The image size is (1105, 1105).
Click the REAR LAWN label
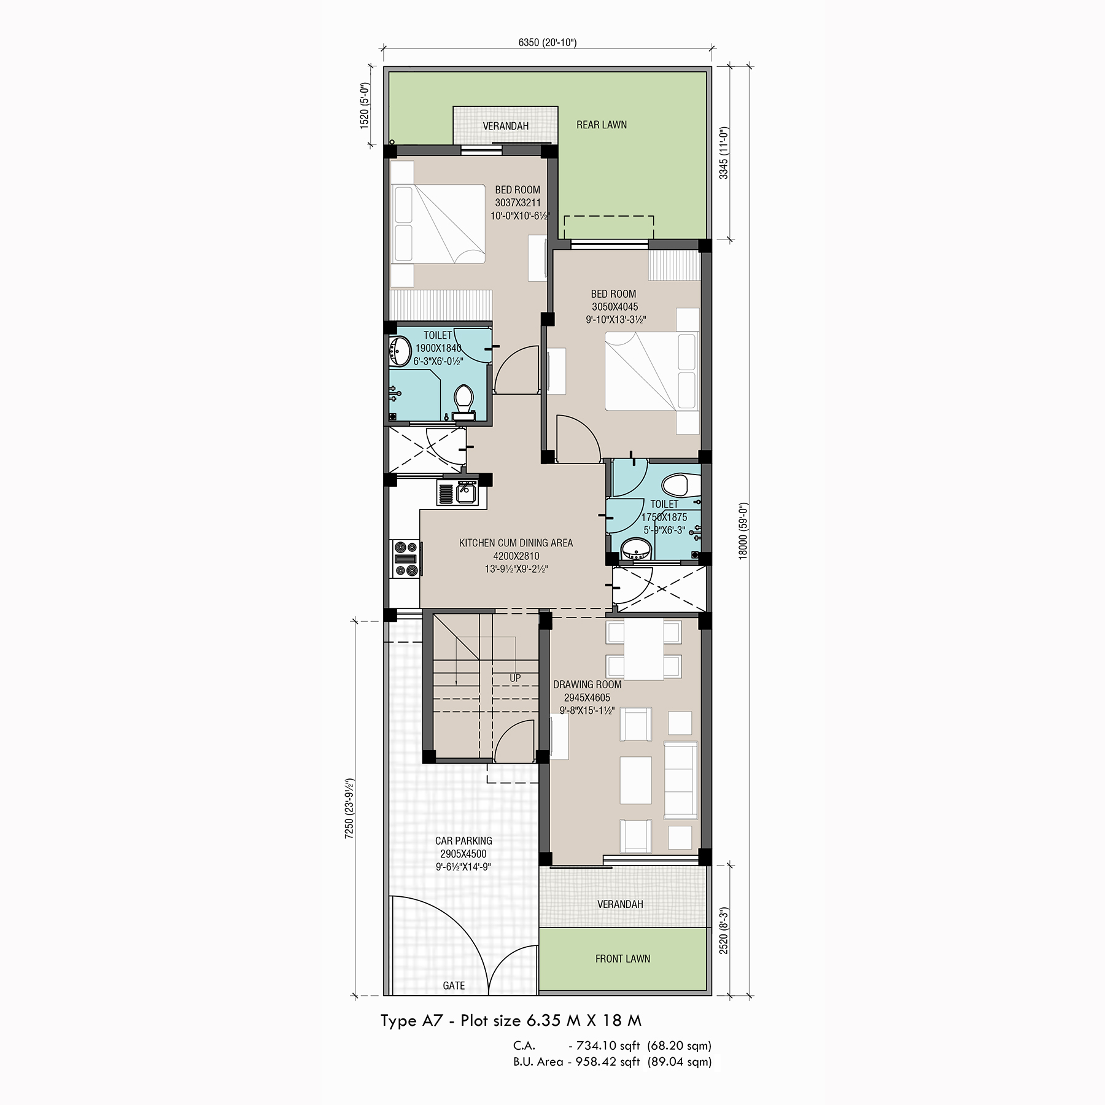[602, 125]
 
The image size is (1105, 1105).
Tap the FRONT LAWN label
[622, 958]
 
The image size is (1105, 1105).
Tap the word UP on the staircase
[515, 678]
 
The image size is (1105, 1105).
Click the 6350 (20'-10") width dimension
[548, 42]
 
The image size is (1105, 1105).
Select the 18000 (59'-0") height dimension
[743, 530]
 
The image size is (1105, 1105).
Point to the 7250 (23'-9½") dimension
[350, 810]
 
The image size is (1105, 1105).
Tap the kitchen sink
[456, 493]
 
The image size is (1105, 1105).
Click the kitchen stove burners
[405, 558]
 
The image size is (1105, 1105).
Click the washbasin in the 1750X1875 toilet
[635, 549]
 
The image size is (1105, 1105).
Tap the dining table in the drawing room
[643, 649]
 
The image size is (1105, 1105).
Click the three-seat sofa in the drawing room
[680, 778]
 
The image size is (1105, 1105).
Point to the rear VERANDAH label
[506, 126]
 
